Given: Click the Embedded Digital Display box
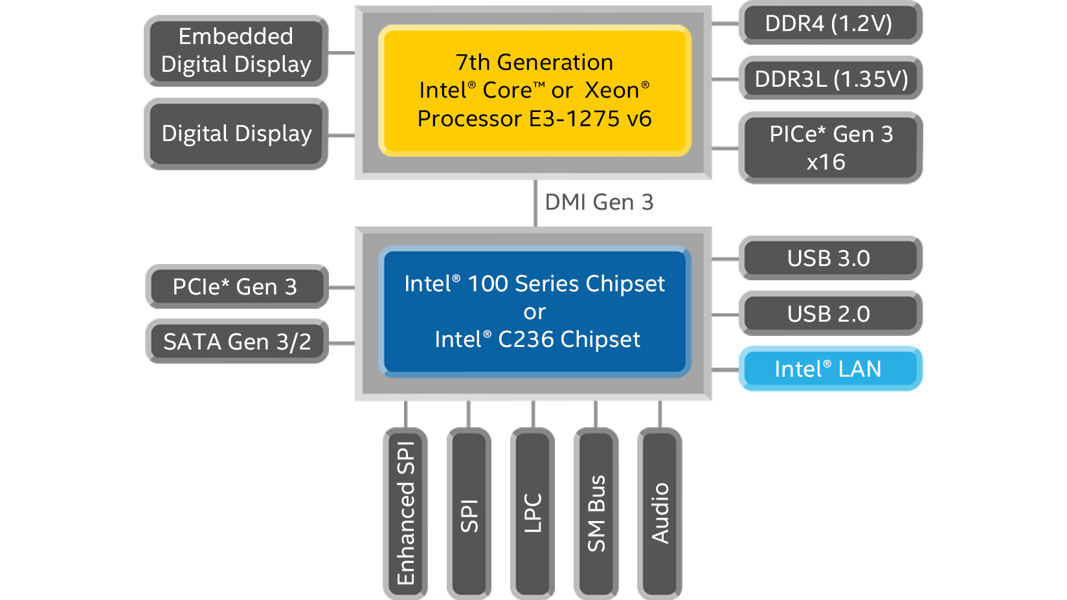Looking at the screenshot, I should click(236, 50).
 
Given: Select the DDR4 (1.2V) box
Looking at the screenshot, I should click(829, 23).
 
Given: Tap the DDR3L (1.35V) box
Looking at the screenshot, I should click(831, 79).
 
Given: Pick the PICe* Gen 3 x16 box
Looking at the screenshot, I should click(830, 148).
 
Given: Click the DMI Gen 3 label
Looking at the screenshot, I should click(599, 203).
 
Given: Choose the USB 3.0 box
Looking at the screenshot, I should click(829, 258).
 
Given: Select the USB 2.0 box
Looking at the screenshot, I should click(829, 314).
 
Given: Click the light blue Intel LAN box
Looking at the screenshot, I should click(829, 369).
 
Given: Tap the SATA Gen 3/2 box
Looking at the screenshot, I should click(237, 342).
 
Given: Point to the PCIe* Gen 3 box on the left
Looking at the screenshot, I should click(236, 287).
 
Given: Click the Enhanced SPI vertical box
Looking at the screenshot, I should click(406, 513).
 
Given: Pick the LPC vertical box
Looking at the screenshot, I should click(532, 513).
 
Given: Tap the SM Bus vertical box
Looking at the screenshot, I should click(596, 513).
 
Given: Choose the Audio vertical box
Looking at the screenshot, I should click(659, 513).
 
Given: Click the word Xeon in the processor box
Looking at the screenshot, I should click(612, 91).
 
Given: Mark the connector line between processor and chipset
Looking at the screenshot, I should click(535, 203).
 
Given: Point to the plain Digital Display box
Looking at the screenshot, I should click(236, 134).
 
